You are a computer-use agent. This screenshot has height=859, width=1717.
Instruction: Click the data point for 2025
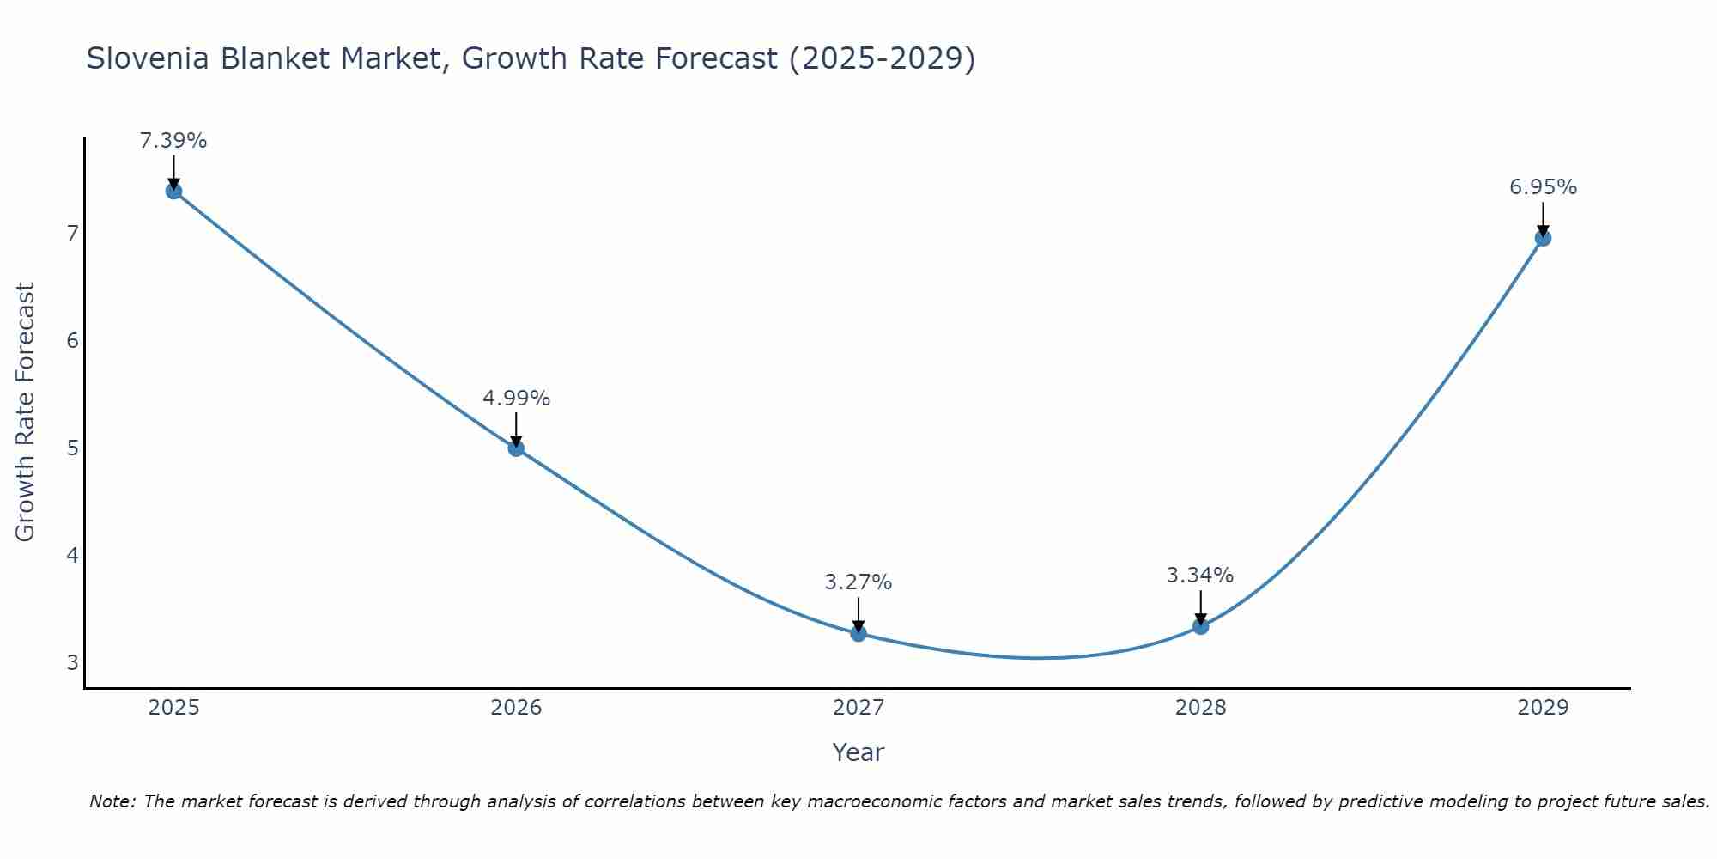click(x=173, y=191)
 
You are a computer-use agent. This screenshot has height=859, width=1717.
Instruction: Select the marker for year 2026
click(x=516, y=448)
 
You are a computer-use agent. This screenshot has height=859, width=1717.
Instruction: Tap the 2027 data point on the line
click(x=858, y=633)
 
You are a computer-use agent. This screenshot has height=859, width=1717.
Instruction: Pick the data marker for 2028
click(x=1200, y=626)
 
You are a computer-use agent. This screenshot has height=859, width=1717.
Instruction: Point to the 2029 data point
click(x=1543, y=238)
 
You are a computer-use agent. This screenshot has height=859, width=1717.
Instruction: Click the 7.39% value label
click(x=173, y=141)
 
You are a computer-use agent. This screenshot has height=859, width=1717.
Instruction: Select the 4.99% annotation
click(x=516, y=399)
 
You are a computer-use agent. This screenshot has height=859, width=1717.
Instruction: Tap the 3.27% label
click(x=858, y=582)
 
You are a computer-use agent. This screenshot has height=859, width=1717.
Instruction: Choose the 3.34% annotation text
click(x=1200, y=576)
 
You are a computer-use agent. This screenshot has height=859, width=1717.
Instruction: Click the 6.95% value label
click(x=1543, y=187)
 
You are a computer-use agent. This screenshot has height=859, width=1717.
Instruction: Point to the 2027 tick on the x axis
click(x=858, y=708)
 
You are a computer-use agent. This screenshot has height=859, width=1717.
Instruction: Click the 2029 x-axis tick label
click(x=1543, y=708)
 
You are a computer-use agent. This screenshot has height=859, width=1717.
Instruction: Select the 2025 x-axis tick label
click(x=173, y=708)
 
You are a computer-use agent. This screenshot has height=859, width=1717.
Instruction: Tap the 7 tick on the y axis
click(x=73, y=233)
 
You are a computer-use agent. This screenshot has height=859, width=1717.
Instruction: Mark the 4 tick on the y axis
click(x=73, y=555)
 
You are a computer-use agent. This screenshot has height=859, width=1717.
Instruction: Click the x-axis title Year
click(x=858, y=752)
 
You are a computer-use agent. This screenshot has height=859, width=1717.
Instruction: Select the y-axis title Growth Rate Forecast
click(x=26, y=412)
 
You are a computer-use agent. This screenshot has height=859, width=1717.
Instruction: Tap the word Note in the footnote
click(x=112, y=801)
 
